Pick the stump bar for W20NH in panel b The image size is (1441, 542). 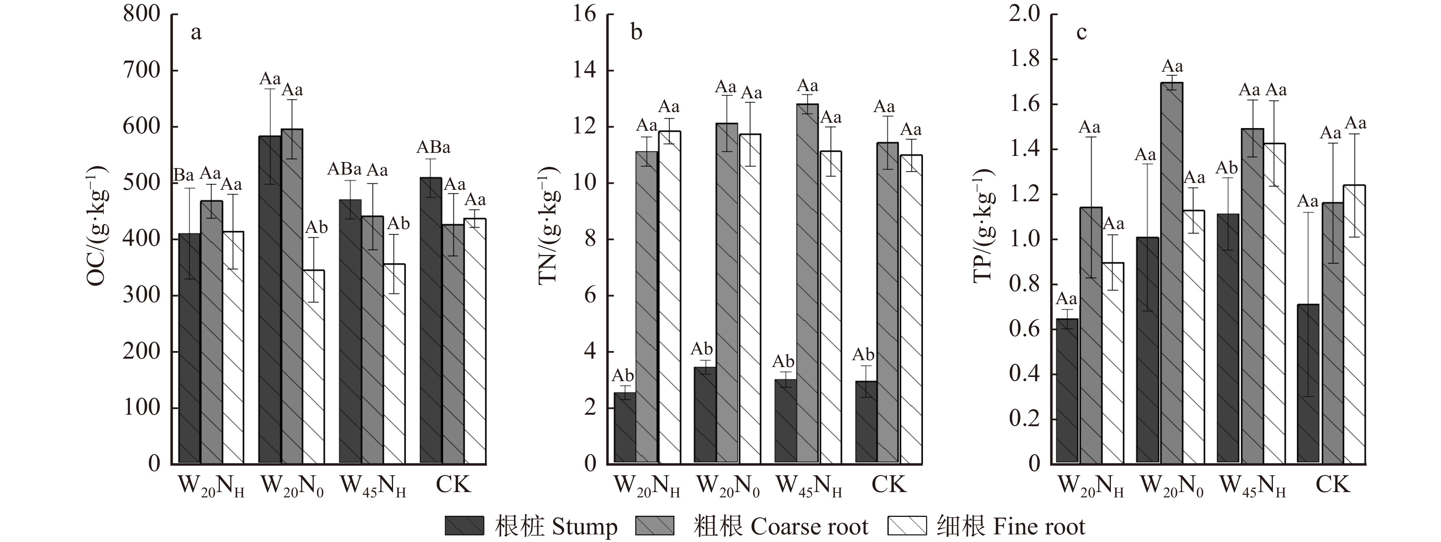click(x=625, y=428)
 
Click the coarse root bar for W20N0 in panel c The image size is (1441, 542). click(x=1172, y=273)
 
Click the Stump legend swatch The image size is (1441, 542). click(x=464, y=525)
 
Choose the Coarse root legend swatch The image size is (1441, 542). click(x=655, y=525)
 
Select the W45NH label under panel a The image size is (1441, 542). click(x=373, y=486)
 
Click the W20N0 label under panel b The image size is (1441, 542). click(x=728, y=486)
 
